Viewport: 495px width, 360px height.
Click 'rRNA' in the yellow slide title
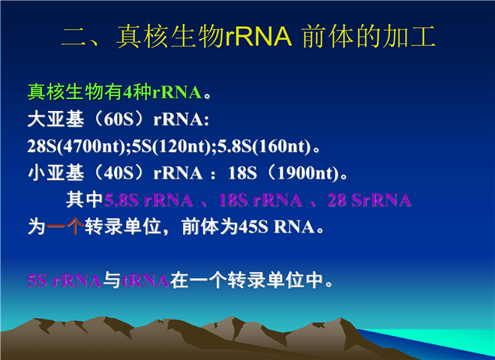(259, 37)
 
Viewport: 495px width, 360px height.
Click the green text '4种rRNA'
(162, 92)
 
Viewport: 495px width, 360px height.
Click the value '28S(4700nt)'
(76, 146)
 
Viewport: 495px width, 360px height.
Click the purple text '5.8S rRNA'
(148, 200)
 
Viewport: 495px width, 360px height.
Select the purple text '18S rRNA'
(260, 200)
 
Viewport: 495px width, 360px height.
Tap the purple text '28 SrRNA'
(369, 200)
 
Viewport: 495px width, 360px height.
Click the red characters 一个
(65, 226)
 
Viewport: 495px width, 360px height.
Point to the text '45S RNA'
(276, 226)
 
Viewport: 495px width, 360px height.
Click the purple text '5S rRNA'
(64, 280)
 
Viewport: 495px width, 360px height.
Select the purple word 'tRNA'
(145, 280)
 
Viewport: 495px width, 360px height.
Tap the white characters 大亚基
(55, 120)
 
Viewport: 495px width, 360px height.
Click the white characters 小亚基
(55, 173)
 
